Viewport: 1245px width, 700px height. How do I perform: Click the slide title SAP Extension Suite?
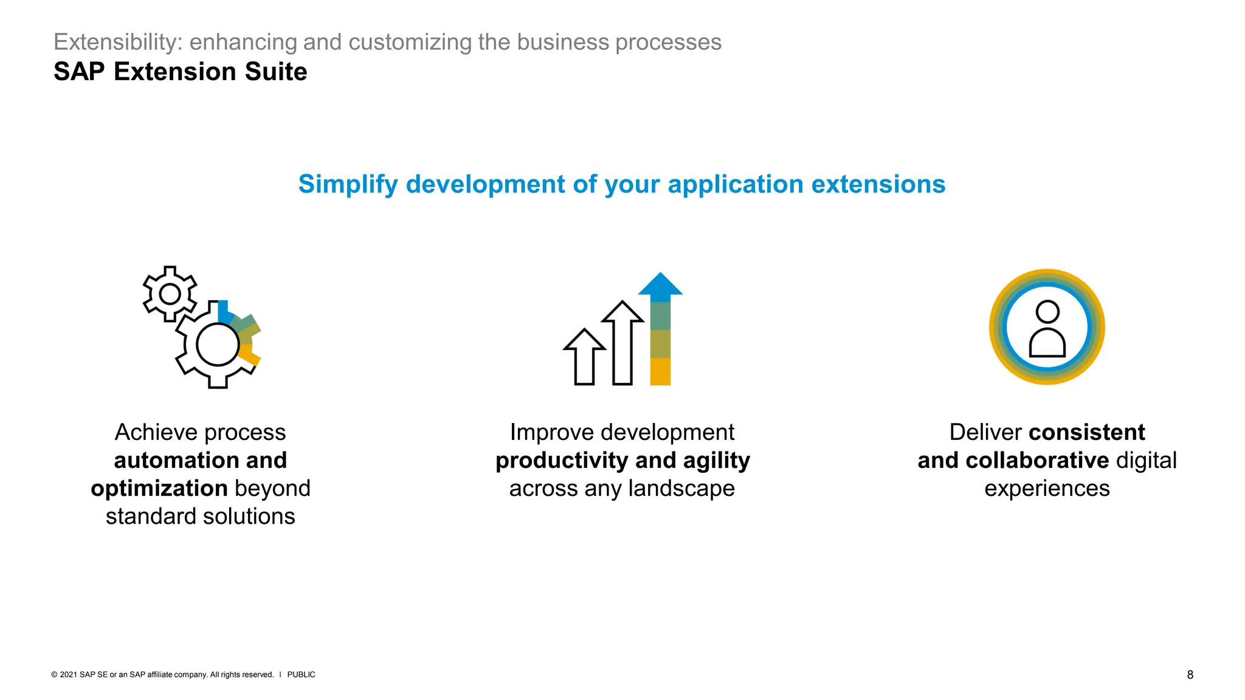coord(180,72)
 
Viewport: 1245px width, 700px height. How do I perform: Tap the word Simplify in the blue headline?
coord(348,184)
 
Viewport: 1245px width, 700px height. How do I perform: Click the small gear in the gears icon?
coord(170,294)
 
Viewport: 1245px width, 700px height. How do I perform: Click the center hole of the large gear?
coord(217,345)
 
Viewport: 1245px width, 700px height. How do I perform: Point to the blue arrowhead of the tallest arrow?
coord(660,286)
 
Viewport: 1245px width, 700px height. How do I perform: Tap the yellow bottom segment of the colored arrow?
coord(660,371)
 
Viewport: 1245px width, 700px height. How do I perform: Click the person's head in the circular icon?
coord(1047,312)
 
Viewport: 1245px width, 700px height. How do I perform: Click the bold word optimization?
coord(159,489)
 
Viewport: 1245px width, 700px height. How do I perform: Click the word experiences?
coord(1047,489)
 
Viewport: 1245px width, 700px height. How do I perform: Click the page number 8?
coord(1190,674)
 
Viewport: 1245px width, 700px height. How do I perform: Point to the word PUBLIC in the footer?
coord(301,674)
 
